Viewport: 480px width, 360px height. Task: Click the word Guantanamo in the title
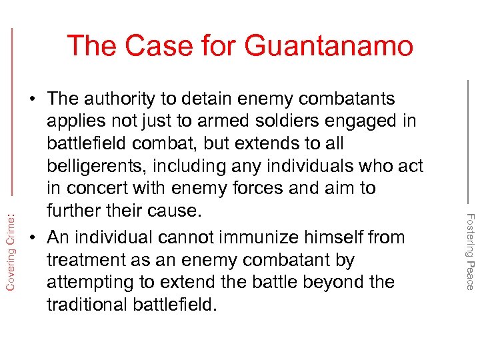[x=329, y=46]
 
